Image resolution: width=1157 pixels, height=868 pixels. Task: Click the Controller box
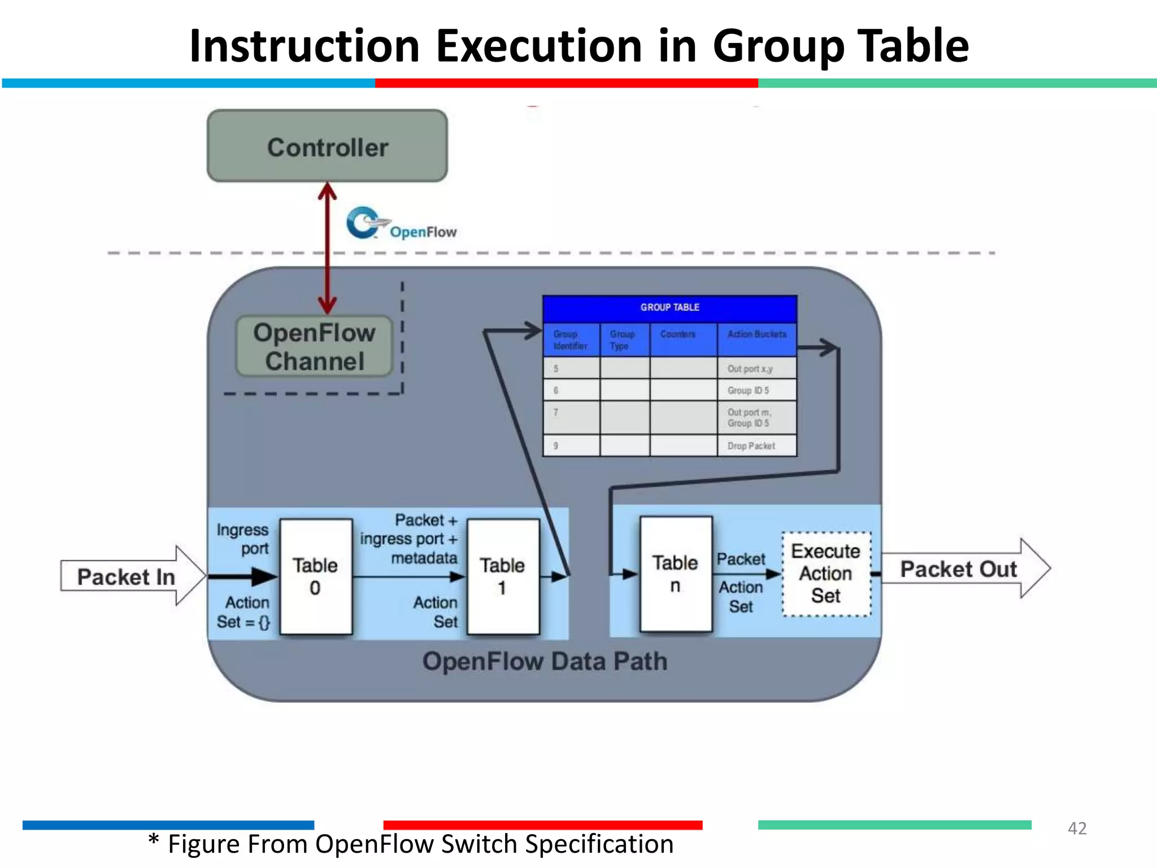point(327,146)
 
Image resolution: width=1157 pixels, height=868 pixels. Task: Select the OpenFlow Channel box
point(314,346)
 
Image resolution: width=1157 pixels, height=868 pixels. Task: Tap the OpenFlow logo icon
point(363,223)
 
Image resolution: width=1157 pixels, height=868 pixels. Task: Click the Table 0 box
point(316,576)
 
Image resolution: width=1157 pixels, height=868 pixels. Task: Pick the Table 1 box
point(502,576)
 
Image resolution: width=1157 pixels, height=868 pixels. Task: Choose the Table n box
point(675,574)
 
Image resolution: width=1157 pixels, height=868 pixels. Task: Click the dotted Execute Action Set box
point(826,574)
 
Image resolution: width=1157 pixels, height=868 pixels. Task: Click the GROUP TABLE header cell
point(669,308)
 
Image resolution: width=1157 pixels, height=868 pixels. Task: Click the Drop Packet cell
point(756,446)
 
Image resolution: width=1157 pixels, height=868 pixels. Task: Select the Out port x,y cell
point(756,368)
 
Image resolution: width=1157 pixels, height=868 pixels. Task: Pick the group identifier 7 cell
point(571,418)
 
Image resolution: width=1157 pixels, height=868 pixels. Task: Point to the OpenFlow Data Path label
point(545,661)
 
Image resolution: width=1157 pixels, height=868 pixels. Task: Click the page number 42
point(1077,828)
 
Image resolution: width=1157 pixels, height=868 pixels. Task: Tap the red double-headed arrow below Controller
point(327,249)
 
